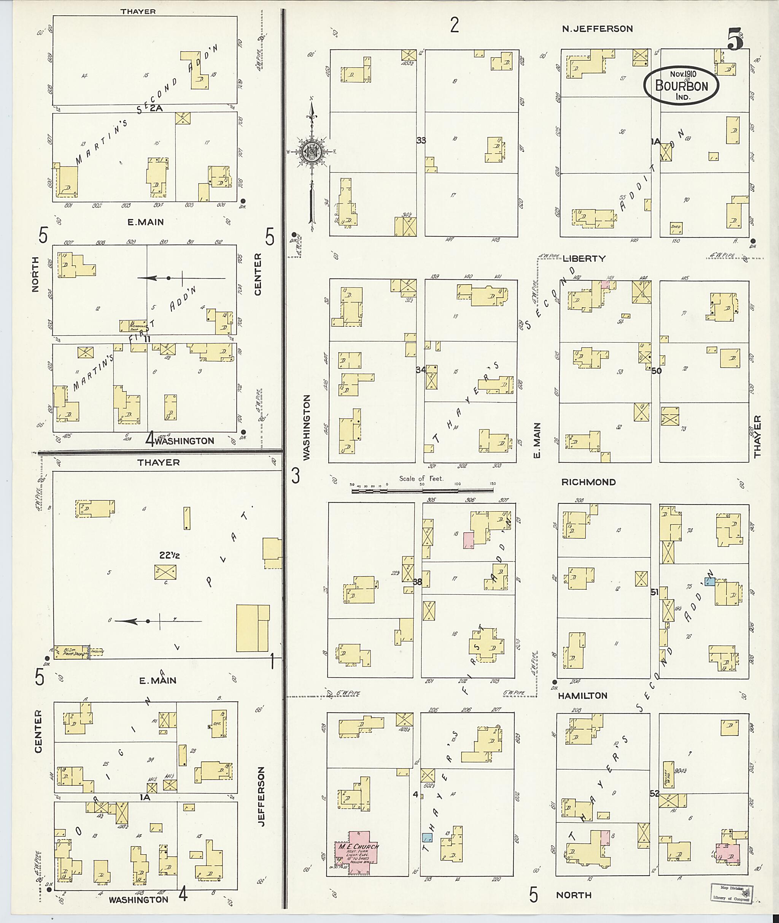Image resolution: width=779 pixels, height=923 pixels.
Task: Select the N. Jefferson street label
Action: (597, 29)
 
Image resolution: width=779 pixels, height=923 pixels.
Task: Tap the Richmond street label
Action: (588, 482)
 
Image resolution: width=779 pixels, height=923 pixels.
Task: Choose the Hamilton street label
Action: (582, 695)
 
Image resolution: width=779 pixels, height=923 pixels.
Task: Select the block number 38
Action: (417, 582)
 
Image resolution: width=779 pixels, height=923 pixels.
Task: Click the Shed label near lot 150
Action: (676, 227)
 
